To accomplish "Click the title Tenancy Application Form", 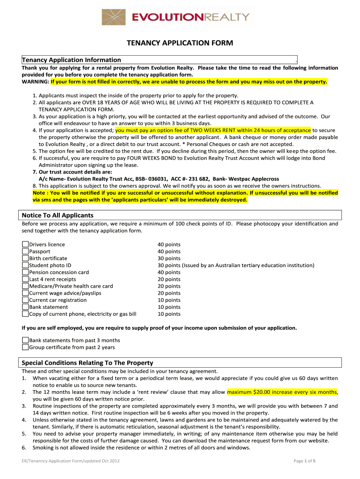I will point(180,43).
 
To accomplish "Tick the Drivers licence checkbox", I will point(25,244).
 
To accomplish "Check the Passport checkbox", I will point(25,251).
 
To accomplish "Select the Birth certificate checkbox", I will point(25,258).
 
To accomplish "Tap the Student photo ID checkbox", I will point(25,265).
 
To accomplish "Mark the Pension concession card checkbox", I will point(25,272).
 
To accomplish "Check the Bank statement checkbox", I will point(25,307).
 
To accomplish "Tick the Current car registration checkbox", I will point(25,300).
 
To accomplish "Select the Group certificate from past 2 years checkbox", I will point(25,347).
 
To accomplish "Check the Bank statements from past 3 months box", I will point(25,340).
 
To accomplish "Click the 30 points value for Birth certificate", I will point(169,258).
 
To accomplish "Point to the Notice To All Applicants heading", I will point(58,215).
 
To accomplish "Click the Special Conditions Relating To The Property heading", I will point(87,363).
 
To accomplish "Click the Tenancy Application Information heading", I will point(72,60).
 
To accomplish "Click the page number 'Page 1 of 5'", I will point(304,461).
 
